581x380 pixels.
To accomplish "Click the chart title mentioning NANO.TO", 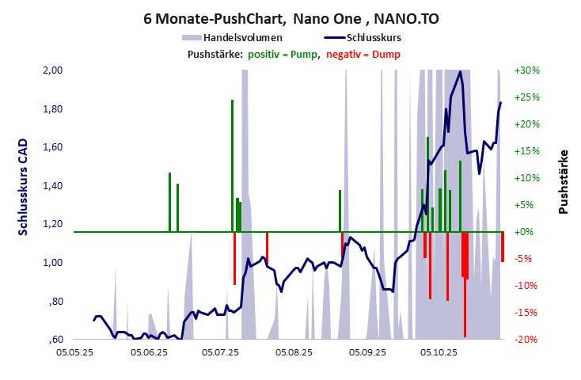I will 290,17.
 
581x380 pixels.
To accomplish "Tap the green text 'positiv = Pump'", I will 283,54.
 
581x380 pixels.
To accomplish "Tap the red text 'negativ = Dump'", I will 363,54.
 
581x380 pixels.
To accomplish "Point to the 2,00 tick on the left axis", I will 51,70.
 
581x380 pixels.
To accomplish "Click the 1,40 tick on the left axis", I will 51,186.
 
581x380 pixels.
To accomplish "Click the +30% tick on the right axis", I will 526,70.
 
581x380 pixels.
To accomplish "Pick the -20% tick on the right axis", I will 526,340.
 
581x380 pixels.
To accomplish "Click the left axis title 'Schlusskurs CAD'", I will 23,187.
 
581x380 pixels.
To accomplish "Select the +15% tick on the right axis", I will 526,151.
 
